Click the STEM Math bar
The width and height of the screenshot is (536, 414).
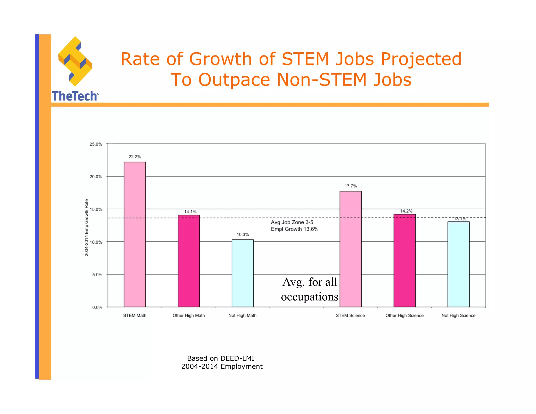pos(135,234)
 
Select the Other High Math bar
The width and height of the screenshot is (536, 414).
pos(189,261)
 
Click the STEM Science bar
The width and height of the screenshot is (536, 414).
pos(350,249)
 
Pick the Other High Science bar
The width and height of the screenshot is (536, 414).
pos(404,260)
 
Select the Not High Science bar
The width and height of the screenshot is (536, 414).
pos(458,264)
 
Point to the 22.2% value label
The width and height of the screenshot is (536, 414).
pos(135,157)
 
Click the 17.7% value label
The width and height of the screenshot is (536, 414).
pos(350,186)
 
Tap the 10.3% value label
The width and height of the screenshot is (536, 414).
pos(243,234)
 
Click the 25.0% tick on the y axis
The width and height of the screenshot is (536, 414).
pos(96,144)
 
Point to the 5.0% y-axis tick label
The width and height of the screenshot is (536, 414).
pos(97,275)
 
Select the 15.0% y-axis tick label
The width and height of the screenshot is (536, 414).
pos(96,209)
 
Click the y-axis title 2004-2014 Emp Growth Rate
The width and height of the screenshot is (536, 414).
pos(87,228)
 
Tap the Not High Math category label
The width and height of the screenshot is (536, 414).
pos(242,315)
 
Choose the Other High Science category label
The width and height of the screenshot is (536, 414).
pos(404,315)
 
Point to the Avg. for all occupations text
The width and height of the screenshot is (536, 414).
pos(310,289)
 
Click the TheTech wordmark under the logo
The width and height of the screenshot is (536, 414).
pos(75,96)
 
